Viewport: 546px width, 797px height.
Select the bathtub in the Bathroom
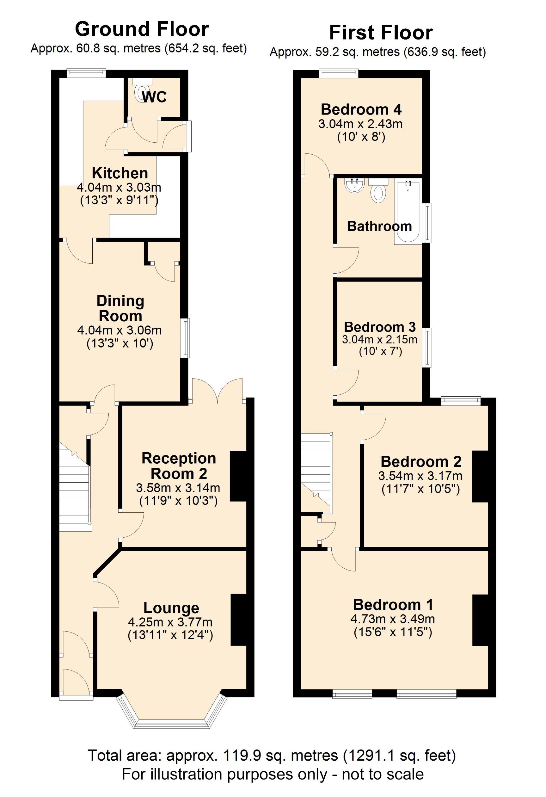pos(408,211)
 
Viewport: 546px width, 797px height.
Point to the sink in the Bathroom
pos(354,186)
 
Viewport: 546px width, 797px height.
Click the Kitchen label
pos(120,173)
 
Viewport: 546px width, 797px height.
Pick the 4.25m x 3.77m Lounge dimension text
pos(170,622)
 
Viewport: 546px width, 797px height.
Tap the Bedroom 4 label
pos(361,109)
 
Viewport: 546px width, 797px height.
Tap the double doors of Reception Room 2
pos(217,391)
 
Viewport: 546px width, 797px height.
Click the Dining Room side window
pos(185,338)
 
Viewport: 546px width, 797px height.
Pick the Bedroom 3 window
pos(426,347)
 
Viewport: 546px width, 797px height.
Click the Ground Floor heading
pos(142,29)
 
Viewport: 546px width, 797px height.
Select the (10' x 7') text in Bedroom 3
pos(380,351)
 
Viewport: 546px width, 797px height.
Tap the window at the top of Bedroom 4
pos(338,73)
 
